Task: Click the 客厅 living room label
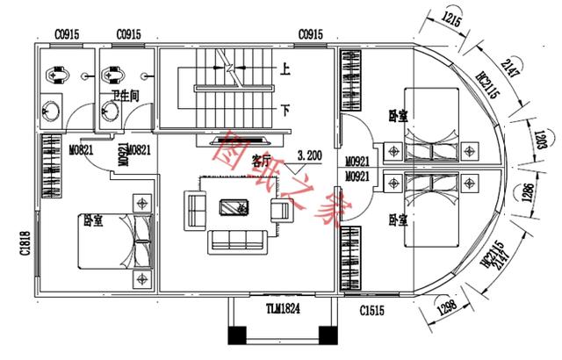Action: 261,161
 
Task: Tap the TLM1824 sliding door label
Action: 284,308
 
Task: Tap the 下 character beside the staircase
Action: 285,111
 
